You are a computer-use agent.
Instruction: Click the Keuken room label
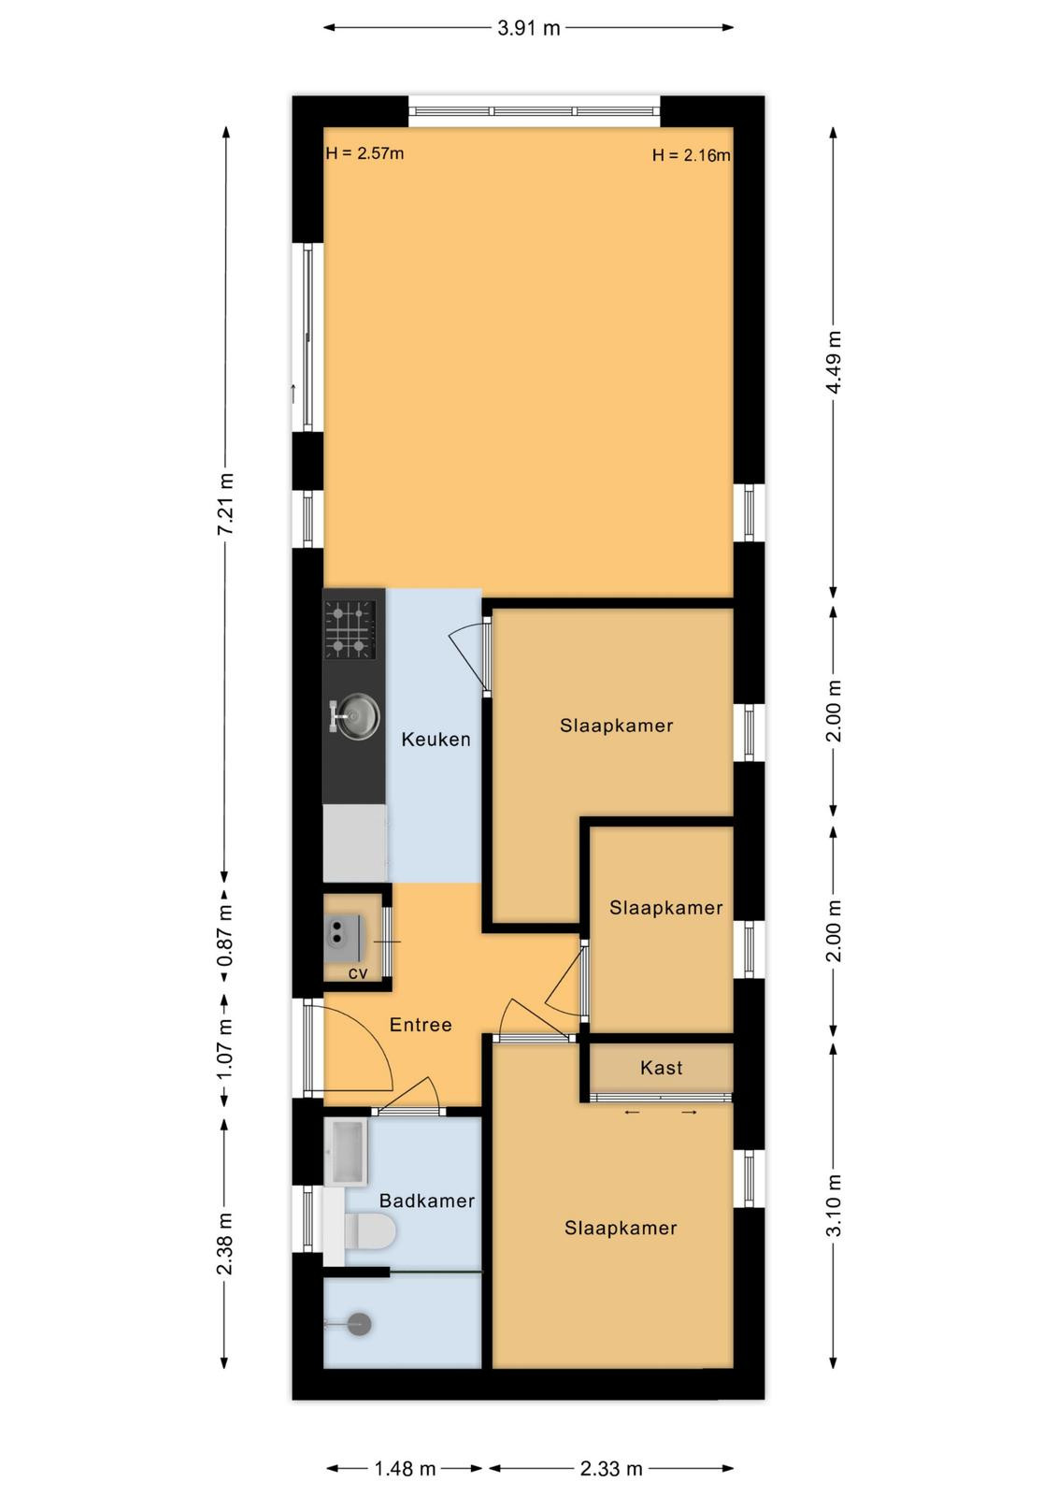[436, 740]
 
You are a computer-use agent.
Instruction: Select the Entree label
[421, 1025]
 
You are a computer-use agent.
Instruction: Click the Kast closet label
[661, 1068]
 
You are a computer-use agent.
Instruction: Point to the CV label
[358, 973]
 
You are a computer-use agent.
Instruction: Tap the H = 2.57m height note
[364, 153]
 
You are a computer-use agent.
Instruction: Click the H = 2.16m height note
[691, 155]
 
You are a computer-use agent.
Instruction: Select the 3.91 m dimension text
[528, 28]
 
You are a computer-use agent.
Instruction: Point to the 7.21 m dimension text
[225, 504]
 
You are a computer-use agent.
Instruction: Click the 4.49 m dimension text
[834, 363]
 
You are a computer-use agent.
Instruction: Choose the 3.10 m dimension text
[834, 1204]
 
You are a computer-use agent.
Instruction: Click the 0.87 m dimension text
[225, 936]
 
